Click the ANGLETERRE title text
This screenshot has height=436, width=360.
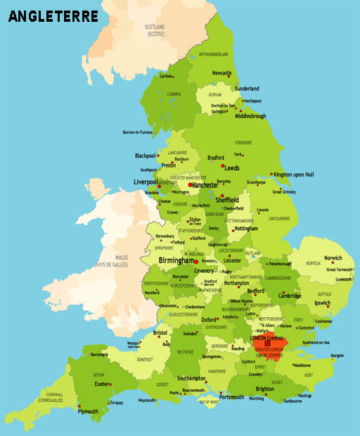(x=53, y=15)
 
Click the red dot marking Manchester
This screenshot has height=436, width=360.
(x=190, y=185)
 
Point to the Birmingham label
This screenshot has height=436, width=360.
(x=176, y=260)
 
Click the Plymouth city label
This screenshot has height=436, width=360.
(x=88, y=411)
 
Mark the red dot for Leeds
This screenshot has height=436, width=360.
(x=224, y=167)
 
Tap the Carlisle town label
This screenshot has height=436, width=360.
(x=166, y=76)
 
